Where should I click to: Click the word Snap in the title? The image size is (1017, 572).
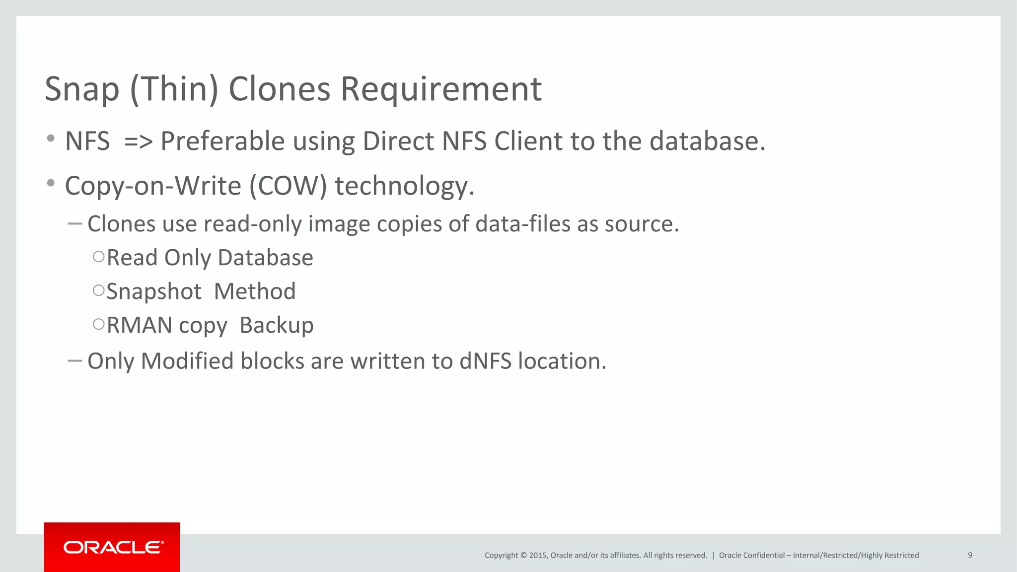point(82,89)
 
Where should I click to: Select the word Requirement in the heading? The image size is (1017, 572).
point(441,89)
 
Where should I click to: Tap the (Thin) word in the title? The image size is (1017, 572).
point(174,89)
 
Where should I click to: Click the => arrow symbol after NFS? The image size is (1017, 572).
point(138,142)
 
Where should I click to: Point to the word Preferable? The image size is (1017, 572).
point(222,142)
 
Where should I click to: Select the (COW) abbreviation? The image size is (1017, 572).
point(288,186)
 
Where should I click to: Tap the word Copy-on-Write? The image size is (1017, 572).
point(153,186)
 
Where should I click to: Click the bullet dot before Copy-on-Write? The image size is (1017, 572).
point(51,184)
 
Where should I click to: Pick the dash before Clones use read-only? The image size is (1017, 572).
point(74,224)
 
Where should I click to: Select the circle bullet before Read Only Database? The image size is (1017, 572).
point(99,257)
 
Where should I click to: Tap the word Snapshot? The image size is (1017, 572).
point(154,291)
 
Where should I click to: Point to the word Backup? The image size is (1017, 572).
point(277,326)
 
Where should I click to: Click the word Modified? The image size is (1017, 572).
point(187,361)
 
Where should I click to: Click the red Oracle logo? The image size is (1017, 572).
point(112,547)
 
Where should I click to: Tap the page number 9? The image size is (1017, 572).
point(970,555)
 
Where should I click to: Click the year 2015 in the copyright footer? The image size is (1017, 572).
point(538,556)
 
